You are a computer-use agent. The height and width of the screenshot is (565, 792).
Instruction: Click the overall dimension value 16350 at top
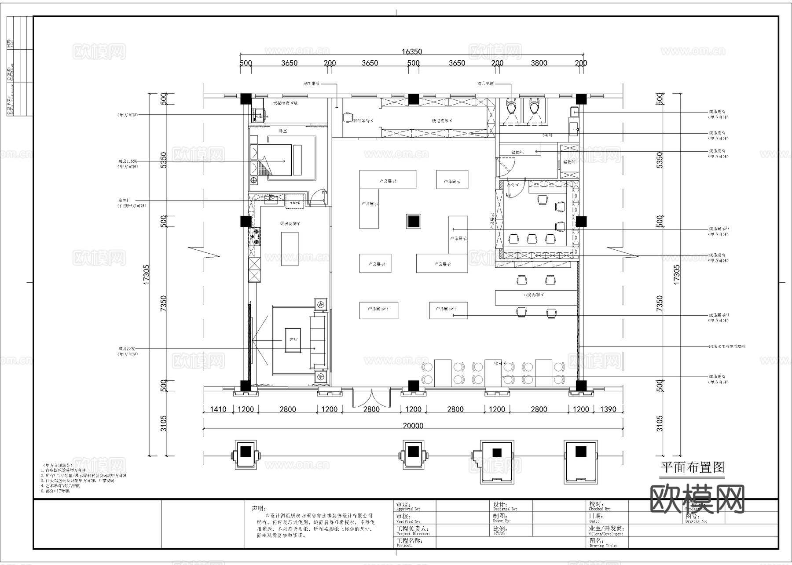click(x=411, y=51)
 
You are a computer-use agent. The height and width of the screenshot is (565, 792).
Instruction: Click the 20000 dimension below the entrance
click(x=413, y=426)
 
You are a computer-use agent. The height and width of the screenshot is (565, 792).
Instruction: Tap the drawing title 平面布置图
click(x=693, y=467)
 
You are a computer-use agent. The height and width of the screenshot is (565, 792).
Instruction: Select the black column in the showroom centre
click(x=413, y=222)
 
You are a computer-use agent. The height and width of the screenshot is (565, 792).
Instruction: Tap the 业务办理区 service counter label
click(x=533, y=295)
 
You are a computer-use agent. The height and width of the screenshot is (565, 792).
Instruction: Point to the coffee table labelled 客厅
click(x=293, y=340)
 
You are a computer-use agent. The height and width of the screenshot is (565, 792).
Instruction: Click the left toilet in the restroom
click(x=511, y=106)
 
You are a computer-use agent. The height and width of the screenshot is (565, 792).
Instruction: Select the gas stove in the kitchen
click(x=255, y=237)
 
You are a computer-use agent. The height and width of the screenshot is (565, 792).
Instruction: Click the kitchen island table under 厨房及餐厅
click(x=290, y=248)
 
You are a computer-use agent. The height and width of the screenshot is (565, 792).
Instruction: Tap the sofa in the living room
click(x=319, y=342)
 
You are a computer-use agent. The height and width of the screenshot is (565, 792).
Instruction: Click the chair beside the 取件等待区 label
click(x=348, y=117)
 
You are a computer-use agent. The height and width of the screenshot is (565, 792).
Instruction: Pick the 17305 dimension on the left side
click(x=147, y=274)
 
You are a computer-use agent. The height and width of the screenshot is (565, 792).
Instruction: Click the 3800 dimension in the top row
click(x=539, y=63)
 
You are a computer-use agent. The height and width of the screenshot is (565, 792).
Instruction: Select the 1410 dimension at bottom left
click(x=218, y=409)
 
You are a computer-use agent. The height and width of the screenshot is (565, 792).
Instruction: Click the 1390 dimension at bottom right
click(x=608, y=409)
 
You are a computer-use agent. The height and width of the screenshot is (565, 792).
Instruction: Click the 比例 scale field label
click(x=500, y=529)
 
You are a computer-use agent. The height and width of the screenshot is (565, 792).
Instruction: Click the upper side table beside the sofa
click(x=321, y=303)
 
